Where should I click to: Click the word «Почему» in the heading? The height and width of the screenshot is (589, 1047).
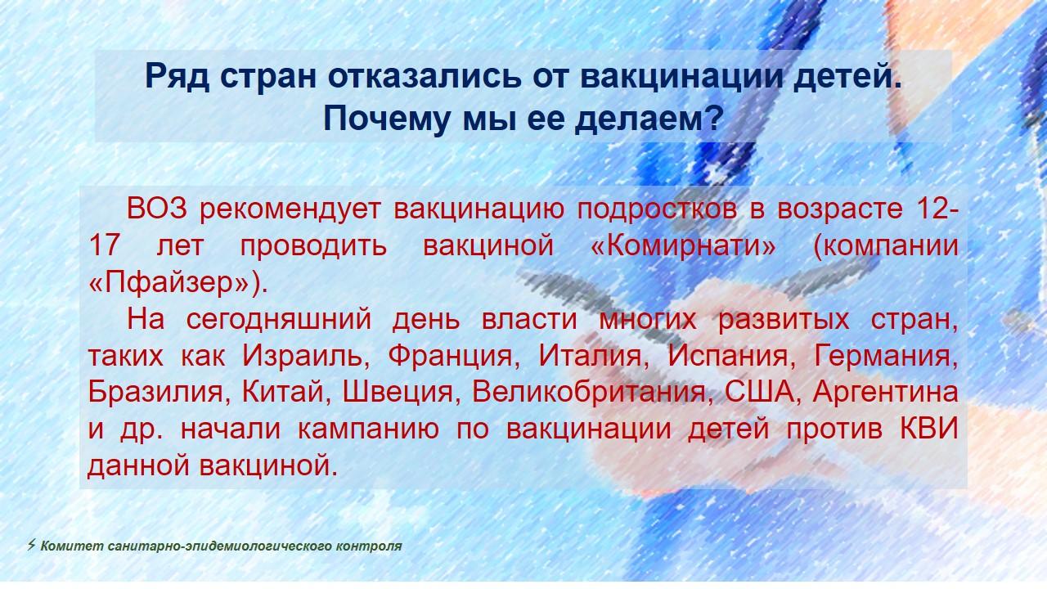[387, 119]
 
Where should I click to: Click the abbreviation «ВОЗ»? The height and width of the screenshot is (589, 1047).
[156, 209]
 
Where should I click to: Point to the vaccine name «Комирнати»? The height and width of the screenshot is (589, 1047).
[683, 245]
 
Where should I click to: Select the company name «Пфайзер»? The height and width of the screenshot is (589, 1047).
[177, 282]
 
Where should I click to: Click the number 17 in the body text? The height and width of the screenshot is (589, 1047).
[105, 245]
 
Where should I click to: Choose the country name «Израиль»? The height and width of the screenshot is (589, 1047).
[302, 356]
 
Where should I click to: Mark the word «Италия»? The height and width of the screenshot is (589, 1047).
[590, 356]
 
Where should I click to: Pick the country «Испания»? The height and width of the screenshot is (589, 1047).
[727, 356]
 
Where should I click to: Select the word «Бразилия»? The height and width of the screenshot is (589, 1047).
[155, 392]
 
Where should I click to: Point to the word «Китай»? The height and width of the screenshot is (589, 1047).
[282, 391]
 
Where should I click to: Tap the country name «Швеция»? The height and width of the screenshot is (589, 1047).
[398, 393]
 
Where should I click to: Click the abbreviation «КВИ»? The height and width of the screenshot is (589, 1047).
[929, 429]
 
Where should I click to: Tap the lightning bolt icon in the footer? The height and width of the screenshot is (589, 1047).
[31, 545]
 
